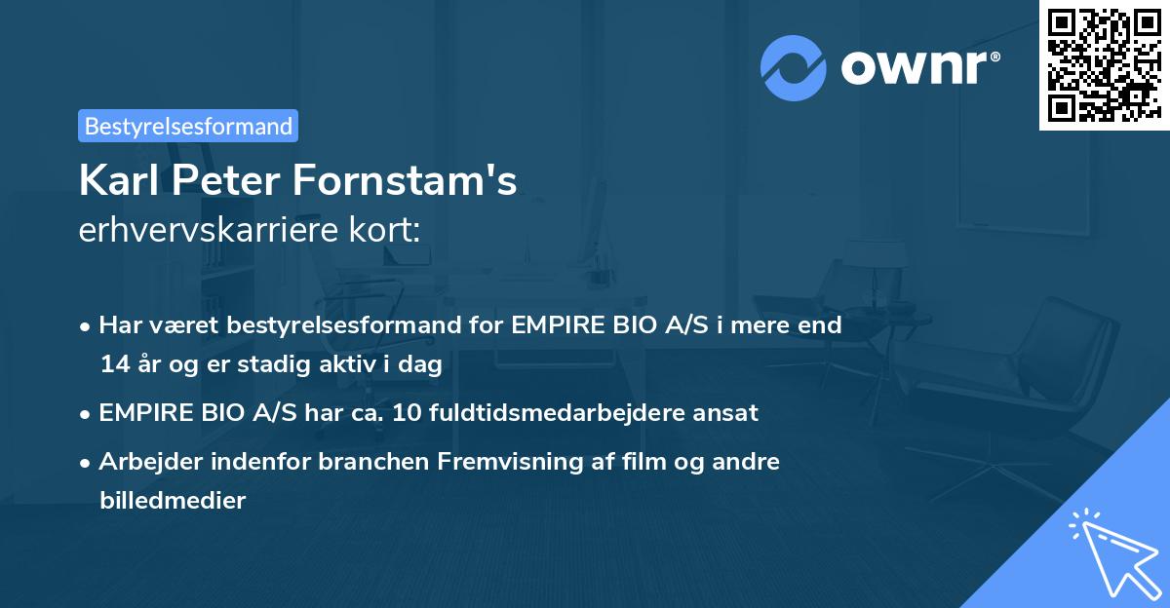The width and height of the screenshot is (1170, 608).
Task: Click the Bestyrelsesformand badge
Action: coord(188,126)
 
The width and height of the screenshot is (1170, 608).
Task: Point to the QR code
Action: coord(1103,64)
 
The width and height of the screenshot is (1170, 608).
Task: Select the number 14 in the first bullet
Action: coord(112,364)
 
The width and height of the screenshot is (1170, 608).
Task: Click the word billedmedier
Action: coord(173,501)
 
